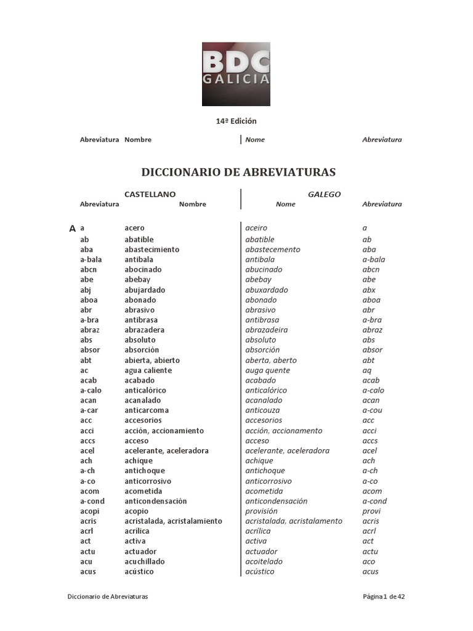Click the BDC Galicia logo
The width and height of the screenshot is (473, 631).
click(x=236, y=74)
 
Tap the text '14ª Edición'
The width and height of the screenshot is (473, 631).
click(x=236, y=121)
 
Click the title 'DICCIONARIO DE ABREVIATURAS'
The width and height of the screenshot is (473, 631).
click(x=239, y=172)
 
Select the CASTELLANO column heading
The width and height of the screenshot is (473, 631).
click(x=150, y=194)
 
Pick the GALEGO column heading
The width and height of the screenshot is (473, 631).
click(x=324, y=194)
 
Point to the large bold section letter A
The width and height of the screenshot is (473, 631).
click(x=73, y=229)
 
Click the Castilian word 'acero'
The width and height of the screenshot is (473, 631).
click(x=134, y=229)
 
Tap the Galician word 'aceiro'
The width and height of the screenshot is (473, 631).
click(x=256, y=229)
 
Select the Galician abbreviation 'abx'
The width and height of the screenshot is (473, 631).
click(x=369, y=290)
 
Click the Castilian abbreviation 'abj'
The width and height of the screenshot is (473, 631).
click(x=86, y=290)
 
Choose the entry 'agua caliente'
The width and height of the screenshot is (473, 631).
click(x=148, y=370)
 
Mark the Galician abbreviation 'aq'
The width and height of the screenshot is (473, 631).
click(x=368, y=370)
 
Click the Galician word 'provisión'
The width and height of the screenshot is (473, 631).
click(x=261, y=511)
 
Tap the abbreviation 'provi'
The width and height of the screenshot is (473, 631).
click(x=371, y=511)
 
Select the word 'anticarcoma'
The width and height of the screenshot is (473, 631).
click(x=147, y=410)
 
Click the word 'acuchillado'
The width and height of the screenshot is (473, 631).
click(x=145, y=561)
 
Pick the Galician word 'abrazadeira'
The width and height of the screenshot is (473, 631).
click(x=266, y=330)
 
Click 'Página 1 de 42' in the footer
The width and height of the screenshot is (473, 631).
click(x=383, y=596)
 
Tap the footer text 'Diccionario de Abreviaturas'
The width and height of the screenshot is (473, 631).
click(x=108, y=596)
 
